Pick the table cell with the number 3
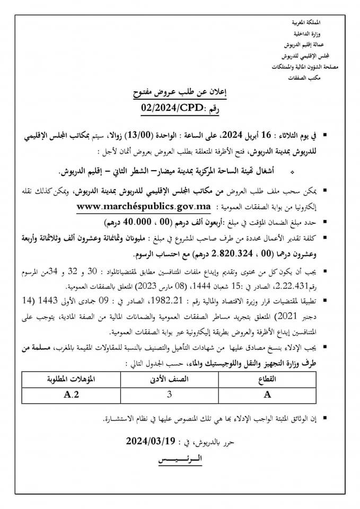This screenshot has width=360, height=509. tap(169, 395)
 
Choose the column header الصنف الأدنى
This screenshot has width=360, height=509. tap(169, 380)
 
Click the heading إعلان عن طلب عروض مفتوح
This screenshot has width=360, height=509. tap(180, 94)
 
